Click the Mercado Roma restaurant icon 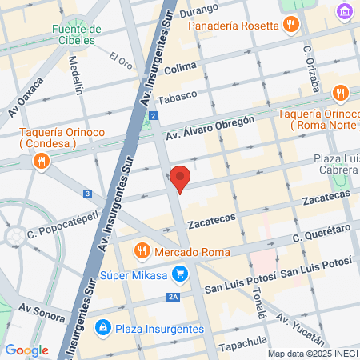(x=142, y=250)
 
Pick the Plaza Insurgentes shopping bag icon (x=102, y=327)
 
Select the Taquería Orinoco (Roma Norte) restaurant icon (x=341, y=93)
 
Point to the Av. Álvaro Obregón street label (x=210, y=127)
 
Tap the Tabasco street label (x=176, y=100)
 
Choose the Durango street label (x=198, y=10)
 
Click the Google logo (x=26, y=350)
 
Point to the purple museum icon (x=345, y=12)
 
